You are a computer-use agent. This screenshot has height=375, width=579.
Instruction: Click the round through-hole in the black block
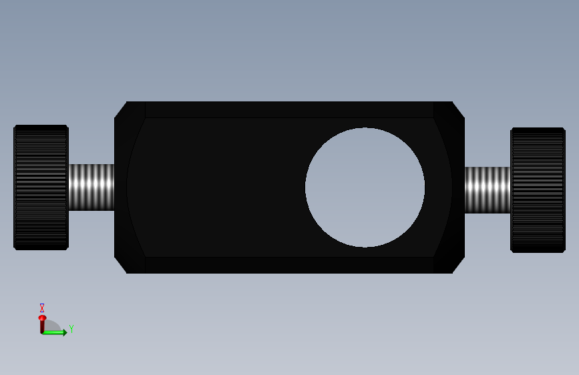tap(365, 187)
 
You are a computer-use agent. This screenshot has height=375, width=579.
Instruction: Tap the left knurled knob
tap(41, 187)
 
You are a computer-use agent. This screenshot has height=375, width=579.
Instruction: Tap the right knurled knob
tap(538, 190)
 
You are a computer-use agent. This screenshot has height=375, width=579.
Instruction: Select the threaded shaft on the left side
tap(91, 187)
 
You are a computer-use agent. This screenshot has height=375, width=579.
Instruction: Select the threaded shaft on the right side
tap(488, 190)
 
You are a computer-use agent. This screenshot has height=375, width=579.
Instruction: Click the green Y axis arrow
tap(55, 332)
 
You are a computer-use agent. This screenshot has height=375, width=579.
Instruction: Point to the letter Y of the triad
tap(71, 328)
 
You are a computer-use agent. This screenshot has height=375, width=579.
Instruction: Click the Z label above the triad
tap(42, 308)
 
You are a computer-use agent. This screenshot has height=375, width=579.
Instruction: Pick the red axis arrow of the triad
tap(42, 324)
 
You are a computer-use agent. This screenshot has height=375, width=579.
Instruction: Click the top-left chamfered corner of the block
tap(120, 109)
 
